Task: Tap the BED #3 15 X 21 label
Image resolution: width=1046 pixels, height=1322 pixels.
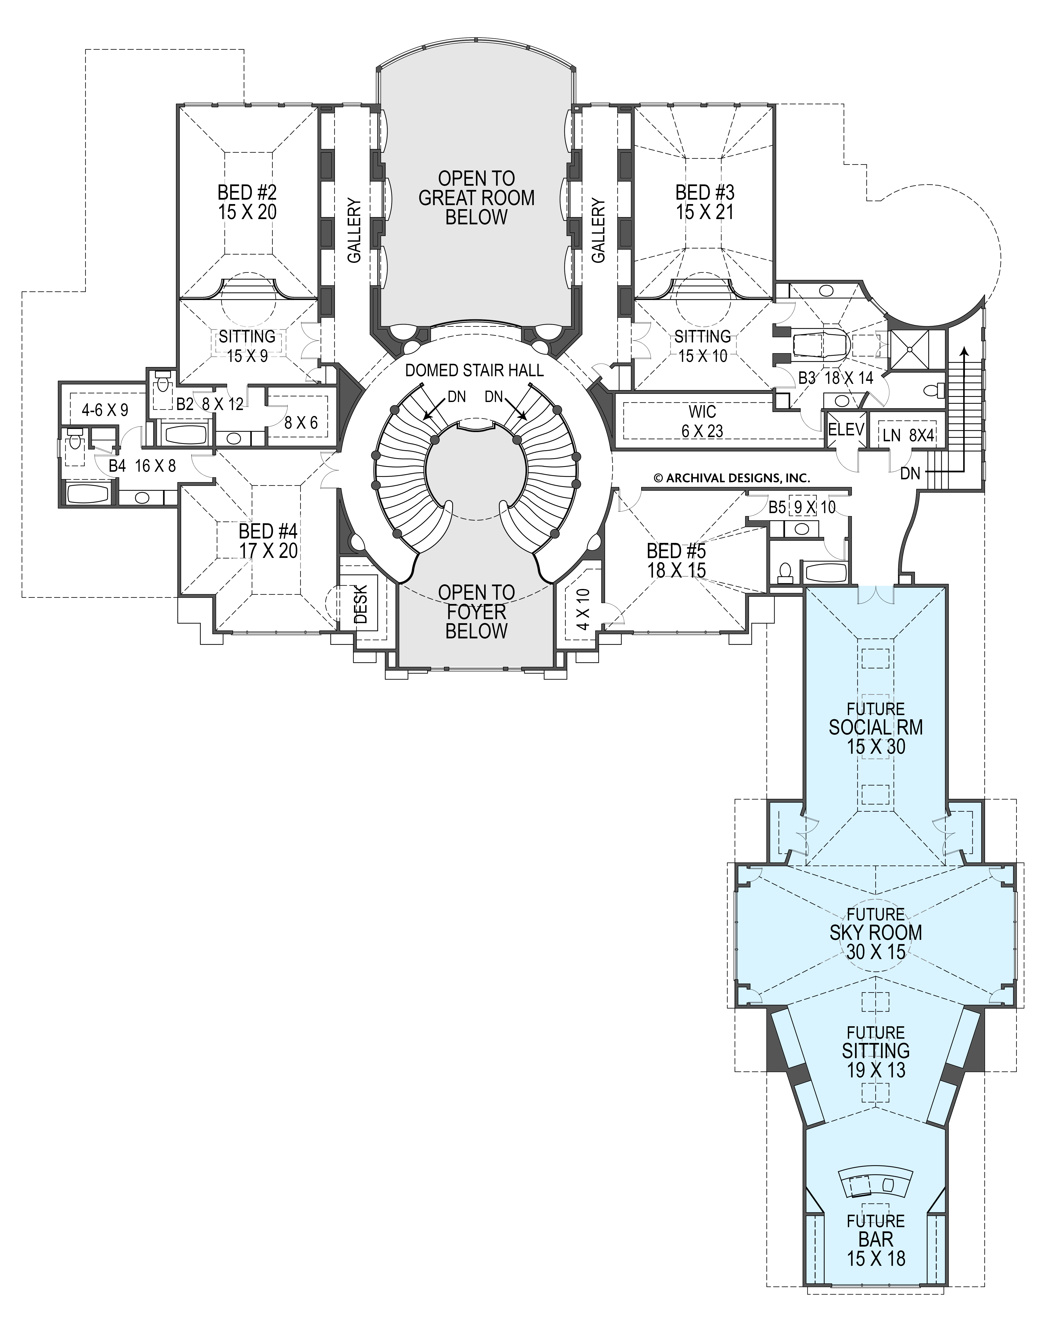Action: click(705, 202)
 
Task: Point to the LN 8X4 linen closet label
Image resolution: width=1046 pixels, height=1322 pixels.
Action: click(904, 435)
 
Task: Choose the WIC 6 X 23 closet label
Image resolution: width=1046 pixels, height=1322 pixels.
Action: click(702, 421)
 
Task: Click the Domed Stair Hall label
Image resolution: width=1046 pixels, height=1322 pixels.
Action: click(475, 371)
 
